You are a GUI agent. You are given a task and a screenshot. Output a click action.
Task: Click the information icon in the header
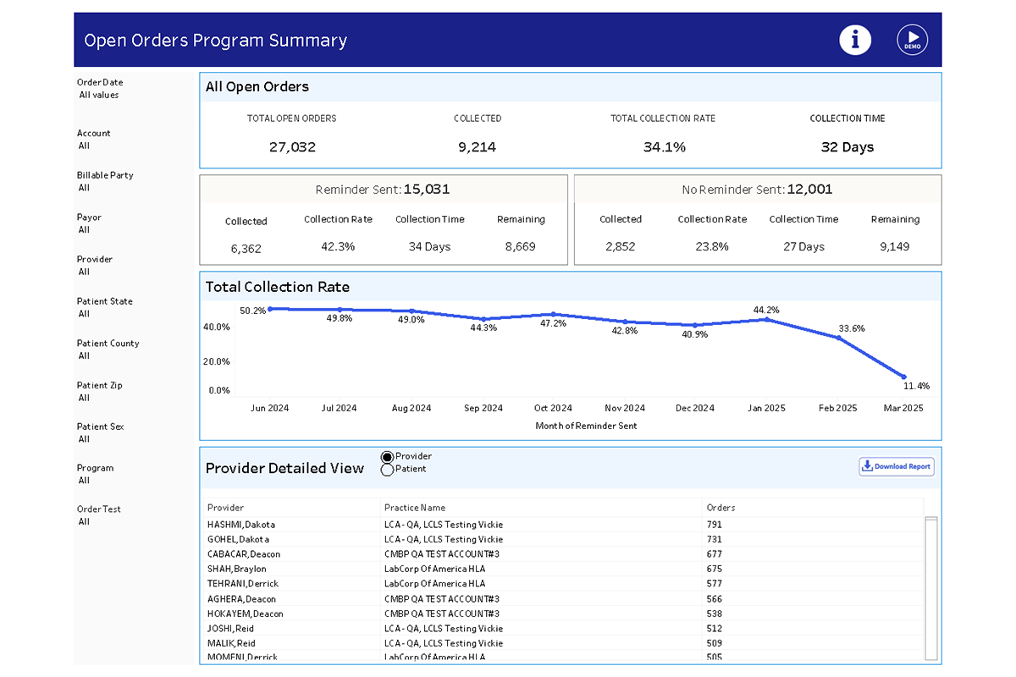pos(855,40)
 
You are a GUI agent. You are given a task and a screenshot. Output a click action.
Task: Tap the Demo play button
pos(912,40)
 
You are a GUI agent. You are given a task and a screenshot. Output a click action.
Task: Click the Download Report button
pos(897,466)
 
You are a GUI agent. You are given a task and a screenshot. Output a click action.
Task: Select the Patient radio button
pos(388,470)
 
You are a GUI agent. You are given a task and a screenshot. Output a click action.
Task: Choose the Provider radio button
pos(388,457)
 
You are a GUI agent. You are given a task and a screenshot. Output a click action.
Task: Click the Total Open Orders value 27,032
pos(292,147)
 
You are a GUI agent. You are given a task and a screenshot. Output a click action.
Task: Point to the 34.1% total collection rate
pos(664,147)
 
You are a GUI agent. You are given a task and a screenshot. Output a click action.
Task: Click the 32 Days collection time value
pos(847,147)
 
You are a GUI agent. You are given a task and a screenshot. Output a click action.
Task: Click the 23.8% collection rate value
pos(712,247)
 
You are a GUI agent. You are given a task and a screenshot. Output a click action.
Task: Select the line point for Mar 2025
pos(904,377)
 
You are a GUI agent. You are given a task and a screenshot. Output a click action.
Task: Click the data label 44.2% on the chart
pos(765,310)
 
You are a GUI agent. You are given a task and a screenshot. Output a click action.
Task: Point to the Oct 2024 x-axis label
pos(553,408)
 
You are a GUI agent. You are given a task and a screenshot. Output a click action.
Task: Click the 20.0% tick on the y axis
pos(216,361)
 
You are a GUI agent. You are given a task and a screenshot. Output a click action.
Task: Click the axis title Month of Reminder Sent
pos(586,426)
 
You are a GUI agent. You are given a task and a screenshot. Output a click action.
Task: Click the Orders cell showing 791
pos(714,525)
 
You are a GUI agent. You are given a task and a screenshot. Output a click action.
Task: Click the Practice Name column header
pos(414,508)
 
